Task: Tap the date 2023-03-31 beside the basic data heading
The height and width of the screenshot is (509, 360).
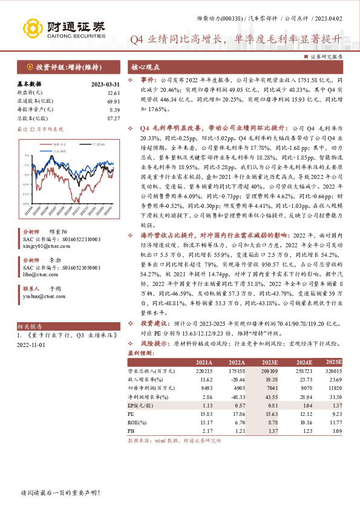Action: click(105, 84)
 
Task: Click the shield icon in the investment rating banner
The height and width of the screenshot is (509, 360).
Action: click(29, 67)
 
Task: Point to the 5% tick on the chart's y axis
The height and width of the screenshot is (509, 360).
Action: click(26, 156)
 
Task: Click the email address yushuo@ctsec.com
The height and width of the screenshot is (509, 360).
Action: click(43, 296)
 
